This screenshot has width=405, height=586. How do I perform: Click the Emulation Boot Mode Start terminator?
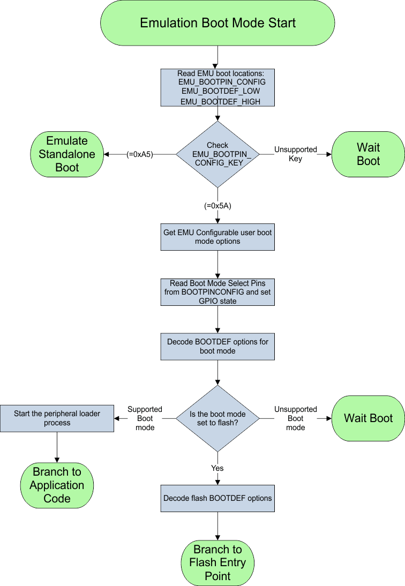click(x=217, y=23)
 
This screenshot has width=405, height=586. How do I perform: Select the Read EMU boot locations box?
click(x=217, y=87)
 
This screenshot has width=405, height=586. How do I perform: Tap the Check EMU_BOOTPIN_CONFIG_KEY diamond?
click(x=217, y=154)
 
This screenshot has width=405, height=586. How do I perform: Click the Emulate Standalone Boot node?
click(x=66, y=154)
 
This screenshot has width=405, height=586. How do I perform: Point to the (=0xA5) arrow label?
click(x=140, y=154)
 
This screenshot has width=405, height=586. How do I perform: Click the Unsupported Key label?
click(x=296, y=154)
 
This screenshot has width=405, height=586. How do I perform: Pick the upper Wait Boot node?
click(x=368, y=154)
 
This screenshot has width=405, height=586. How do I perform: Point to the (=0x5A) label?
click(x=217, y=206)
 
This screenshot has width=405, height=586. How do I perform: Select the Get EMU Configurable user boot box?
click(x=217, y=237)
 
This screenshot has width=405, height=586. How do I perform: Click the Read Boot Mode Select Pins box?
click(x=217, y=292)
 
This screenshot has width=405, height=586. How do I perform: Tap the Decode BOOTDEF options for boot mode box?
click(x=217, y=346)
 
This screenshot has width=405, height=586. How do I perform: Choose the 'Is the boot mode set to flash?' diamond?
click(x=217, y=418)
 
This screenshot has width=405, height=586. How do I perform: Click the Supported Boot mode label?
click(x=145, y=418)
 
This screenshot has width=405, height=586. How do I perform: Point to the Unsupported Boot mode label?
click(x=296, y=418)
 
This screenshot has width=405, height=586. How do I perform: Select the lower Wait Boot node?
click(x=368, y=418)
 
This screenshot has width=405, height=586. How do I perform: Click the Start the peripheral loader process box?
click(x=57, y=418)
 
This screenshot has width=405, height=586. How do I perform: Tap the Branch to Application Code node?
click(x=57, y=485)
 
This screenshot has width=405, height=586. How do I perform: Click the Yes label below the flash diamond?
click(x=217, y=468)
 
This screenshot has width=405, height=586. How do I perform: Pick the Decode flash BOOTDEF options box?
click(x=217, y=498)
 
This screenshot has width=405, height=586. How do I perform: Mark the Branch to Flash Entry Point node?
click(x=217, y=562)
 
